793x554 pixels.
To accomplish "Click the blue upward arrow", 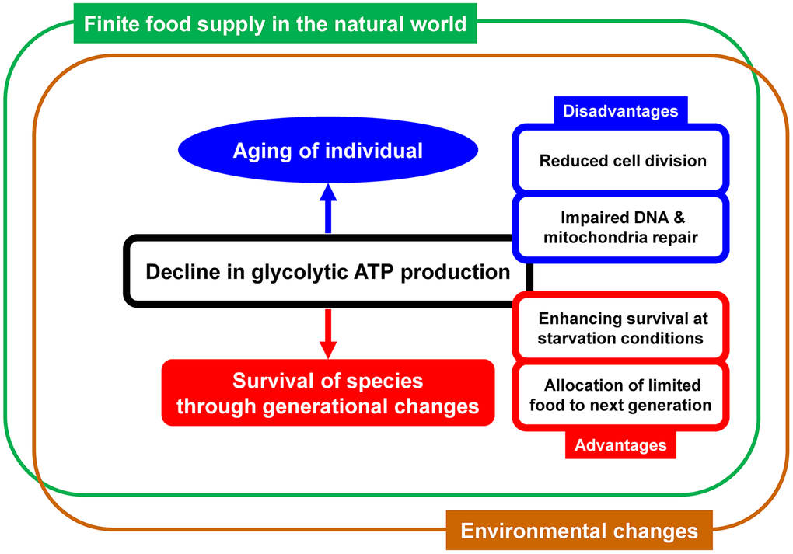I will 327,208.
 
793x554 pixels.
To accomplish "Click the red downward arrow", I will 327,333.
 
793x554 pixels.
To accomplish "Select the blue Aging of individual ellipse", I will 327,151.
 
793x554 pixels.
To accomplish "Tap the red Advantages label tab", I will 620,445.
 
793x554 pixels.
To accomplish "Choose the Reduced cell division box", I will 622,161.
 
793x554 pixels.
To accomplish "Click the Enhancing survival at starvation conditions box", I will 622,329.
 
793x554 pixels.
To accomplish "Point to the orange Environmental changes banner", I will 579,531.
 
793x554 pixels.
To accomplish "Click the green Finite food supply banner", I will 274,23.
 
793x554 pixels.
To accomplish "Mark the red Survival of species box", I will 327,393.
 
